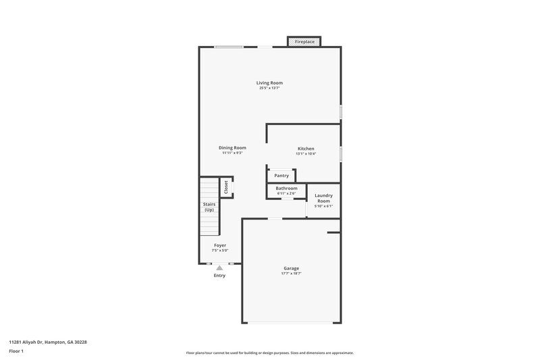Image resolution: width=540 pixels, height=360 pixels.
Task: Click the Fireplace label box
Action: click(x=304, y=42)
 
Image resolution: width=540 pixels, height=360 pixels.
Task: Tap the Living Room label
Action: click(x=269, y=83)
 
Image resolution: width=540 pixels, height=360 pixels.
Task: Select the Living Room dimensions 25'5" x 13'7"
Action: click(x=269, y=88)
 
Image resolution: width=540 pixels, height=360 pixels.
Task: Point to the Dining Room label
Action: click(x=232, y=148)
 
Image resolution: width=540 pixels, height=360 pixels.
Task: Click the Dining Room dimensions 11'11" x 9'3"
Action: click(x=232, y=153)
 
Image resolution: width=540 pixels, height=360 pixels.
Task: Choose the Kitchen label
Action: click(x=306, y=149)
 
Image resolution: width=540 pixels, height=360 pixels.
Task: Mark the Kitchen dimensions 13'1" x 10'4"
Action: click(x=306, y=154)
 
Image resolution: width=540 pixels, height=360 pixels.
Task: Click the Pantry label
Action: click(x=281, y=176)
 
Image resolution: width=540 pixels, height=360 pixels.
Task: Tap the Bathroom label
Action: click(x=286, y=188)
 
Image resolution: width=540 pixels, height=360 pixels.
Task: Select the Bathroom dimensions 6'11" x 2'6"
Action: click(x=286, y=194)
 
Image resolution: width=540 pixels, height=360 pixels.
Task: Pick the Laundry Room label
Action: click(x=323, y=199)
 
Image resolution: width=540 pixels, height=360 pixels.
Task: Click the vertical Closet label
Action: click(x=226, y=187)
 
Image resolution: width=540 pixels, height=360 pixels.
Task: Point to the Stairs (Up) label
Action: click(x=209, y=207)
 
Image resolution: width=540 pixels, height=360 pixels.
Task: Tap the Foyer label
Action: click(x=220, y=245)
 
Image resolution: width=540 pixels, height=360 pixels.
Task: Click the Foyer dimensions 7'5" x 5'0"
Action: click(x=220, y=251)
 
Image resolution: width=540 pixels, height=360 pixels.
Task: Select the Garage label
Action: click(x=291, y=268)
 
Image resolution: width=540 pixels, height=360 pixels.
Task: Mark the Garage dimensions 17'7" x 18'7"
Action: click(x=291, y=274)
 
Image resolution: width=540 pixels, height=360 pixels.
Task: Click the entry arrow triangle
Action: click(x=219, y=268)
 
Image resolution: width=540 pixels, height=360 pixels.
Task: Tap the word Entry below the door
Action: click(x=219, y=276)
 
